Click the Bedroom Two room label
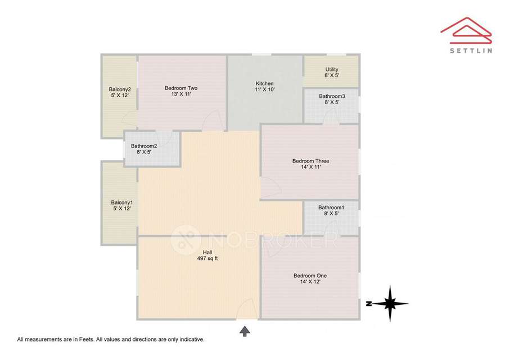pos(181,88)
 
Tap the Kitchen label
pos(264,84)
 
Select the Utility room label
pos(332,70)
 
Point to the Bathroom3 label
pos(332,96)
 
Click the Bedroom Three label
pos(310,161)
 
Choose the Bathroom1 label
pos(331,208)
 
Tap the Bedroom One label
pos(310,276)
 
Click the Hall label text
pos(208,252)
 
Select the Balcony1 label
pos(121,202)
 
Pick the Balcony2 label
pos(120,89)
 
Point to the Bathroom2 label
pos(144,146)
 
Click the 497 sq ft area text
pos(208,259)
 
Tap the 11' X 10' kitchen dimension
pos(264,90)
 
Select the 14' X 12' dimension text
pos(310,282)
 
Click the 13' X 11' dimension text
pos(181,94)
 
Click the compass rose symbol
pos(389,304)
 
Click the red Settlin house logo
pos(466,30)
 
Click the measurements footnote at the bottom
pos(110,339)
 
